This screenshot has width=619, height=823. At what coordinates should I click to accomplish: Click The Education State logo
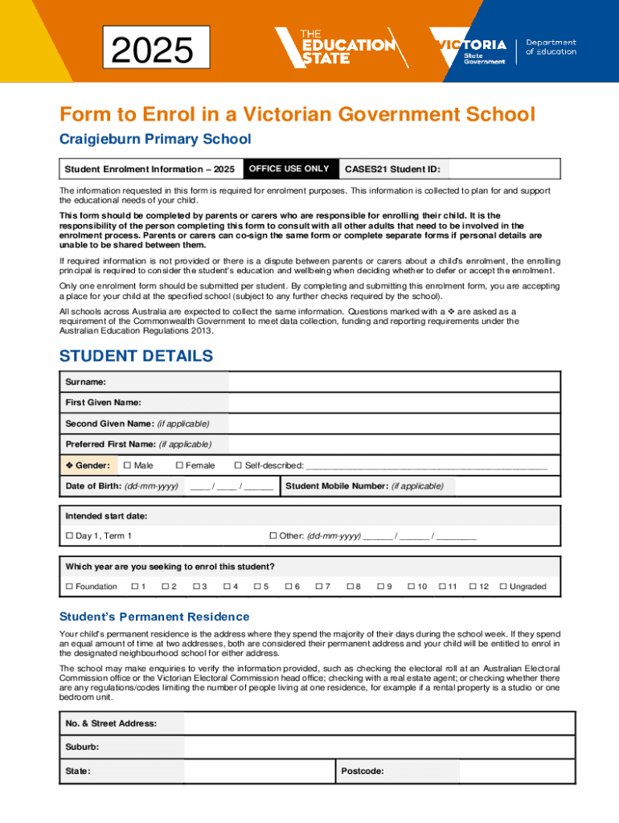[342, 47]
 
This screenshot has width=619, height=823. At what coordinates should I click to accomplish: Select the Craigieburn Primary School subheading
[155, 139]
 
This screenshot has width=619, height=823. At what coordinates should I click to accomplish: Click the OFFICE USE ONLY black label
[290, 169]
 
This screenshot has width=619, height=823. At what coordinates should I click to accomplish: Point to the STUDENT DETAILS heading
[137, 356]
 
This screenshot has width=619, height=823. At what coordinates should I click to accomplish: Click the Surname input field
[394, 382]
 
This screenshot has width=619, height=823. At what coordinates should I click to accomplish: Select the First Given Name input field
[394, 403]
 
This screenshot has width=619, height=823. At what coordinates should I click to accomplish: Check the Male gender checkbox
[126, 465]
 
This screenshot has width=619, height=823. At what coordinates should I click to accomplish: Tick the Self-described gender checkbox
[238, 465]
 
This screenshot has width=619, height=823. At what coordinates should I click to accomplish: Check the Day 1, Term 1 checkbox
[69, 536]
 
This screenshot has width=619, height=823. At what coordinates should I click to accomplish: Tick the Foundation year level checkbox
[69, 587]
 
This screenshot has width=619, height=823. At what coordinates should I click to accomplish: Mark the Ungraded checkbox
[503, 587]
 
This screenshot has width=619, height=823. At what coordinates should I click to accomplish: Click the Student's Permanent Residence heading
[154, 616]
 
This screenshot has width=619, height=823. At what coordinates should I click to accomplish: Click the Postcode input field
[517, 772]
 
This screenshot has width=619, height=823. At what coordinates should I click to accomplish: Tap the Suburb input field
[379, 747]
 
